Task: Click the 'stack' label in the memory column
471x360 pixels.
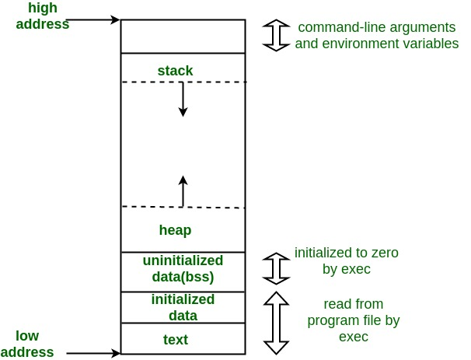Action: (x=175, y=71)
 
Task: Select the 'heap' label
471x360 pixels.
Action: (x=175, y=230)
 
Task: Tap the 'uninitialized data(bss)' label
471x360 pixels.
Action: (x=183, y=268)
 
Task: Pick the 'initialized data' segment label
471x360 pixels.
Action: (x=183, y=307)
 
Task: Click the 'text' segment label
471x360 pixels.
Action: (x=175, y=340)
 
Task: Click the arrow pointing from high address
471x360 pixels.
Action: (x=93, y=18)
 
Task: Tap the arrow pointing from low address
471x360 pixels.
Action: (x=93, y=353)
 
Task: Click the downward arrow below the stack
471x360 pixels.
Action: (x=183, y=100)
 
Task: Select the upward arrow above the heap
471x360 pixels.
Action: (x=183, y=191)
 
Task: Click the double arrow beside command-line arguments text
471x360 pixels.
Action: (x=276, y=35)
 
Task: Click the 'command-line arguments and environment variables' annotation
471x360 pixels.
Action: (x=376, y=35)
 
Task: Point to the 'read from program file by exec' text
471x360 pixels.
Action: (x=353, y=320)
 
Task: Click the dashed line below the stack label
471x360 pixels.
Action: (x=183, y=82)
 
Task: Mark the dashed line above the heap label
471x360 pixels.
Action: (x=183, y=207)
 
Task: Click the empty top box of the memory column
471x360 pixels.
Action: (x=183, y=35)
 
